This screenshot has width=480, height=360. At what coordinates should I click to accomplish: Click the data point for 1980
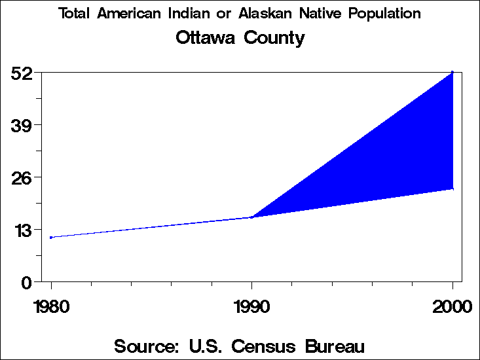[x=51, y=238]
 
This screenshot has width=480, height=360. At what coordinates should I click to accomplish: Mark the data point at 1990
[x=252, y=217]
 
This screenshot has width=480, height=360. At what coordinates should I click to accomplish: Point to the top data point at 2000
[x=452, y=72]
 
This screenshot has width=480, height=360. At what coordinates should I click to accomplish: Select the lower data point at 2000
[x=452, y=189]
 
